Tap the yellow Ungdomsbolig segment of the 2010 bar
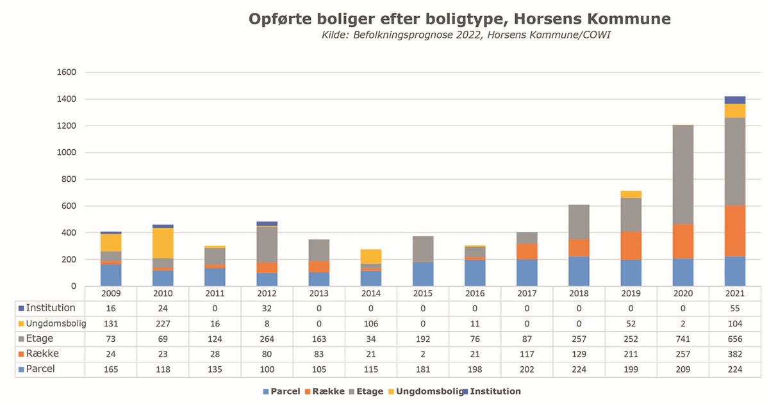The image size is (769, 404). click(x=163, y=243)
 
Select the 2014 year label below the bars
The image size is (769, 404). click(x=370, y=293)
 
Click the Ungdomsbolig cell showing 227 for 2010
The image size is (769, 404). click(x=163, y=324)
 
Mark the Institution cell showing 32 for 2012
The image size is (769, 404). click(x=267, y=309)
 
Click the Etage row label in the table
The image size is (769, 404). click(x=40, y=339)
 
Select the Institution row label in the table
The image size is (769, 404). click(x=46, y=308)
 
